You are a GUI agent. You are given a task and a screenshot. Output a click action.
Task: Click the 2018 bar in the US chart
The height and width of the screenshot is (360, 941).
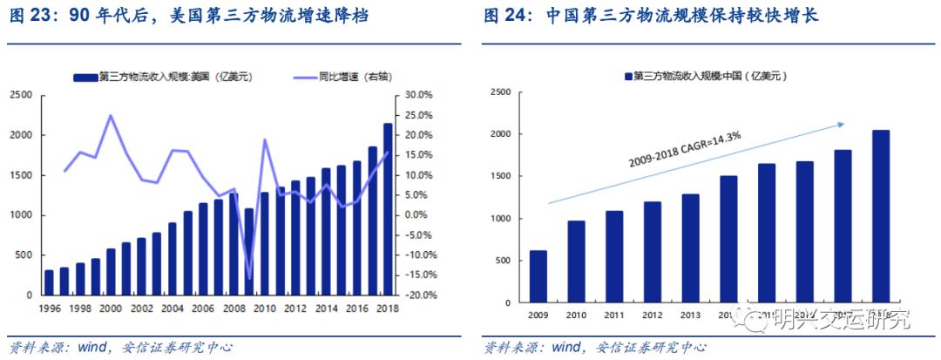[x=388, y=209]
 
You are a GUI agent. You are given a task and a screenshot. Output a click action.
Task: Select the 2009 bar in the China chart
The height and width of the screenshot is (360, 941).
[x=538, y=277]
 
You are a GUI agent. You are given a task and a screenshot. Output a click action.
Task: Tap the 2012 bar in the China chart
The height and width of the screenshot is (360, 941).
[x=652, y=252]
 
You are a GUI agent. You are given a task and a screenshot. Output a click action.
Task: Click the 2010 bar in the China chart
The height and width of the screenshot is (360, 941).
[x=576, y=262]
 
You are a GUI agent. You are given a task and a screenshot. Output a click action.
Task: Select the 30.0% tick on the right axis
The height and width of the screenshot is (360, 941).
[x=420, y=95]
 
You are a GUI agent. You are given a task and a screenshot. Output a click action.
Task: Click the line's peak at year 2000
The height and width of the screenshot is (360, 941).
[x=110, y=115]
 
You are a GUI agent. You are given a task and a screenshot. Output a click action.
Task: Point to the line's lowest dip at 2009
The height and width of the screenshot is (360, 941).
[x=249, y=279]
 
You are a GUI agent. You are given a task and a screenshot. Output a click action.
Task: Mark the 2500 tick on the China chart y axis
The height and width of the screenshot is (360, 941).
[x=499, y=92]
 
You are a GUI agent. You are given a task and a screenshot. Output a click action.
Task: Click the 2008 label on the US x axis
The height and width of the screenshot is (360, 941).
[x=233, y=309]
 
